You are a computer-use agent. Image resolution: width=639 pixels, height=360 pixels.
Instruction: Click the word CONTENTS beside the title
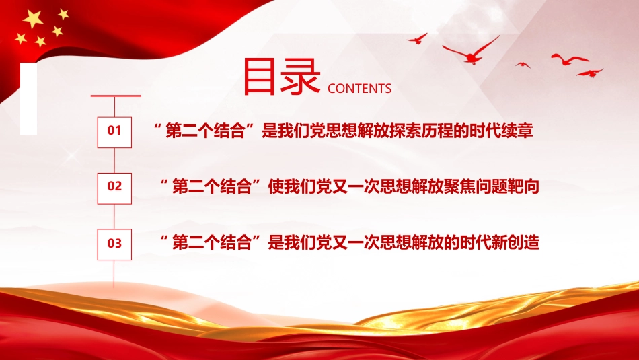coord(359,88)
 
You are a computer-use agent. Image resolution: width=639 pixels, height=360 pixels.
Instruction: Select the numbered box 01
coord(114,130)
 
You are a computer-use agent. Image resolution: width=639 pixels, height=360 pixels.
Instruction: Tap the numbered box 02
coord(114,186)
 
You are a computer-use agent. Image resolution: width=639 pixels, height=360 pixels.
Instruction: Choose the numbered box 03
coord(114,243)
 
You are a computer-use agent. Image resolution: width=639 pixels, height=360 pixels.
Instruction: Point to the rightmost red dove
coord(590,72)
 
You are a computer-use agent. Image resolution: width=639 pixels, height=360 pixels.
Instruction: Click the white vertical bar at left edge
coord(28,98)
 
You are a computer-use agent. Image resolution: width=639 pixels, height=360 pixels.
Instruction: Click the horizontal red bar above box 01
coord(115,96)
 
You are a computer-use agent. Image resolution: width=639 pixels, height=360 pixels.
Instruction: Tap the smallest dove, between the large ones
coord(523,65)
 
